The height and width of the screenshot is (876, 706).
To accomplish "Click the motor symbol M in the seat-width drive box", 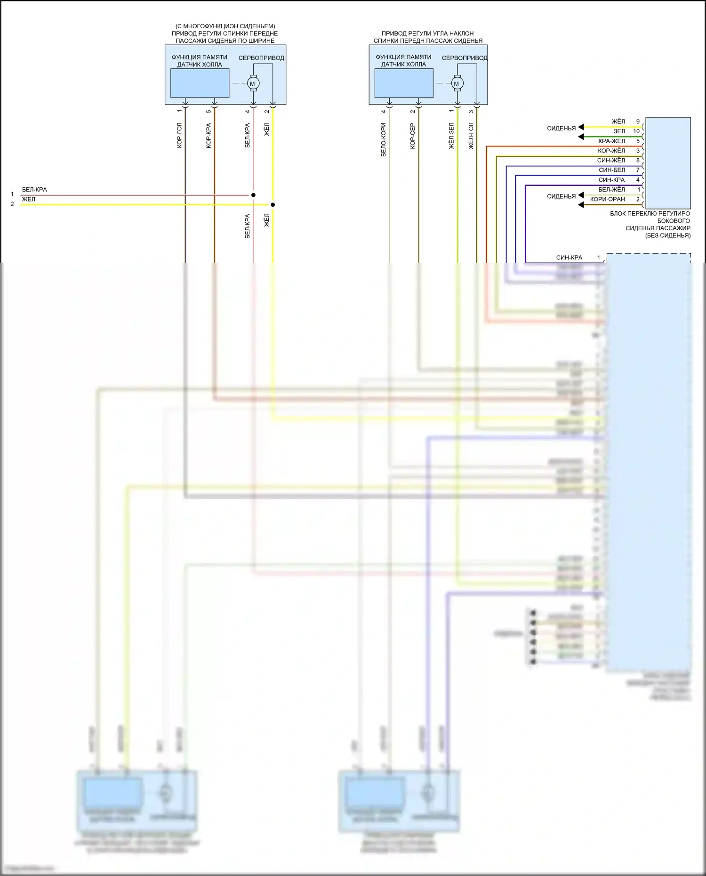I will pyautogui.click(x=252, y=84).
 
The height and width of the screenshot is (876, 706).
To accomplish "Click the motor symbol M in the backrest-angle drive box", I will pyautogui.click(x=456, y=84).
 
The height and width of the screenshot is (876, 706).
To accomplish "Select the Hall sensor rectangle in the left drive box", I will pyautogui.click(x=200, y=83).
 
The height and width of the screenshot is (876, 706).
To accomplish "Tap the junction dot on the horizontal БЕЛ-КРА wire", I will pyautogui.click(x=253, y=195).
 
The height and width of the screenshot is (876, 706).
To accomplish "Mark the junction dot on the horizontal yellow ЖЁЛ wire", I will pyautogui.click(x=273, y=205).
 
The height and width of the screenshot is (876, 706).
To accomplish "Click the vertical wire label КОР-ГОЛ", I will pyautogui.click(x=179, y=136).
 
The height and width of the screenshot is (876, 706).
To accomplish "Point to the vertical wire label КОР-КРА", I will pyautogui.click(x=209, y=136).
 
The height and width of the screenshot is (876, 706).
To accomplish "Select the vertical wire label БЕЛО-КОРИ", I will pyautogui.click(x=384, y=139).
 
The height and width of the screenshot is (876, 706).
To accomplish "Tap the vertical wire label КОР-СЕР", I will pyautogui.click(x=413, y=136).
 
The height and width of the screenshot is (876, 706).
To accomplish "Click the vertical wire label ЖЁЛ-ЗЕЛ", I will pyautogui.click(x=451, y=136).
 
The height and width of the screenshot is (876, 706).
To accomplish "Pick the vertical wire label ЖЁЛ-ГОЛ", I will pyautogui.click(x=471, y=136).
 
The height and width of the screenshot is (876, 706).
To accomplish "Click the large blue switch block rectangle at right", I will pyautogui.click(x=668, y=163).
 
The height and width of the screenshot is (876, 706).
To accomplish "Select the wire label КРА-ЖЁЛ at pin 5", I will pyautogui.click(x=611, y=141).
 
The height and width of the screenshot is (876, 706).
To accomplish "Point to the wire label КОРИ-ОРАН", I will pyautogui.click(x=607, y=200).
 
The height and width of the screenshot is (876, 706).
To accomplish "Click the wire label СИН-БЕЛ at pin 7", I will pyautogui.click(x=612, y=170).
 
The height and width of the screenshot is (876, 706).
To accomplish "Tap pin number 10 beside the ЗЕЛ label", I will pyautogui.click(x=636, y=131).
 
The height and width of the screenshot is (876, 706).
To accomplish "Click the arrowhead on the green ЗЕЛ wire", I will pyautogui.click(x=581, y=137).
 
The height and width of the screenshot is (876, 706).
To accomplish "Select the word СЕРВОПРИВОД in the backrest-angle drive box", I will pyautogui.click(x=464, y=58).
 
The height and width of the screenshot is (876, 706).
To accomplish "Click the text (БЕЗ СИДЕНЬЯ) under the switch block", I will pyautogui.click(x=668, y=235).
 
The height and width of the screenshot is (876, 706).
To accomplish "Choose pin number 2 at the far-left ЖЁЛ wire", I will pyautogui.click(x=12, y=204).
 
